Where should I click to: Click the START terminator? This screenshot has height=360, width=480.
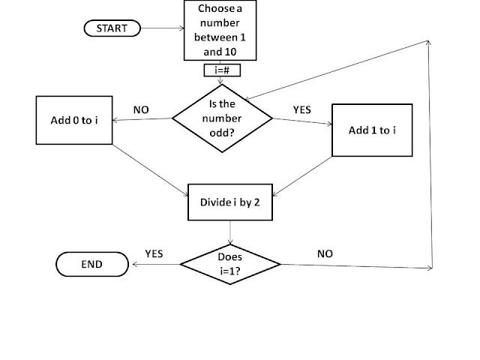(111, 28)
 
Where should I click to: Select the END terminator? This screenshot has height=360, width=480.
(90, 264)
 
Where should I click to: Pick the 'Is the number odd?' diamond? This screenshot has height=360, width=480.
(223, 118)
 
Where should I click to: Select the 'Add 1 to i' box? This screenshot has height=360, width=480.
(372, 130)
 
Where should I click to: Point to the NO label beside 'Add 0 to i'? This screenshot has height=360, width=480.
(141, 109)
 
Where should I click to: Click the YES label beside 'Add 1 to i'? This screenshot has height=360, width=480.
(301, 109)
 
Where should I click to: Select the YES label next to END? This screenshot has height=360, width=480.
(154, 253)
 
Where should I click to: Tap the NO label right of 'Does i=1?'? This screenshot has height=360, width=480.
(325, 253)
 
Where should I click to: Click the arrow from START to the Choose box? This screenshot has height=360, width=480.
(161, 28)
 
